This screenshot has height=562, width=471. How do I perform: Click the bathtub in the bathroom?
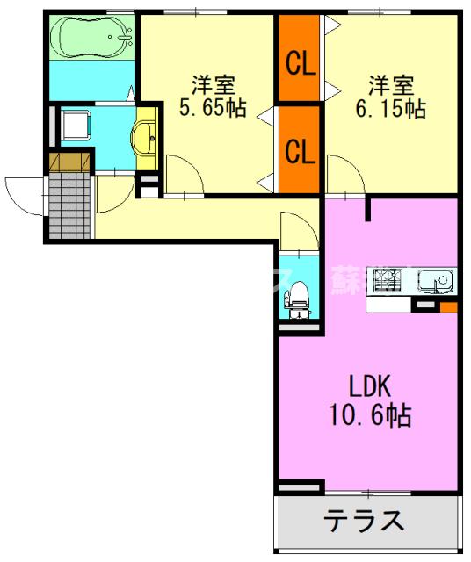pos(91,36)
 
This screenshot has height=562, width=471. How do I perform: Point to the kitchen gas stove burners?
pos(388,282)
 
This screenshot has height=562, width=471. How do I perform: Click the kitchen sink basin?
pos(435,282)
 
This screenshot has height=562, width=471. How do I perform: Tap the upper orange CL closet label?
pos(300,63)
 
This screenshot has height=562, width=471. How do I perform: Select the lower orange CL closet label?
pos(300,151)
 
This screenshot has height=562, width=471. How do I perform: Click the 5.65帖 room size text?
pos(213,110)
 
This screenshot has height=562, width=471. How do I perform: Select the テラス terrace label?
pos(365,522)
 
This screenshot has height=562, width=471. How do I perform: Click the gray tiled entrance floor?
pos(69,205)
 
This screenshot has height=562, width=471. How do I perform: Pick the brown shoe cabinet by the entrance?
pos(69,162)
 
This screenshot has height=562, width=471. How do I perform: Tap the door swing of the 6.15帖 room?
pos(345,173)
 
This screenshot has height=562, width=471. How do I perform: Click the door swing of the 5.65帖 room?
pos(185,173)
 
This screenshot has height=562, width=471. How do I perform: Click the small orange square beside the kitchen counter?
pos(448,307)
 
